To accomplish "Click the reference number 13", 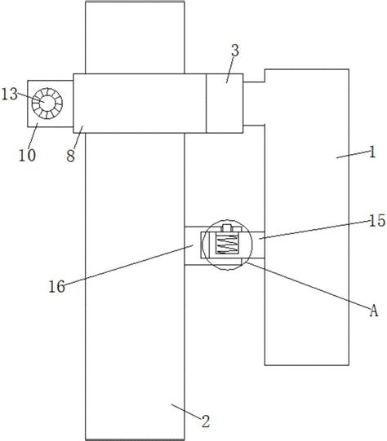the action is [x=10, y=95].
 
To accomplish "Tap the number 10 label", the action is [x=27, y=155].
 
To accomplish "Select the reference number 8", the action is [x=71, y=156].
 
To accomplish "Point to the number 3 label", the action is [x=235, y=51].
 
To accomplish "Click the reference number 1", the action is [x=372, y=152].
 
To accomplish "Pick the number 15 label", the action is [x=377, y=220].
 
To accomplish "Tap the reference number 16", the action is [x=56, y=287].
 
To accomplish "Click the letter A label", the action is [x=373, y=311].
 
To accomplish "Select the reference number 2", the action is [x=206, y=421].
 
